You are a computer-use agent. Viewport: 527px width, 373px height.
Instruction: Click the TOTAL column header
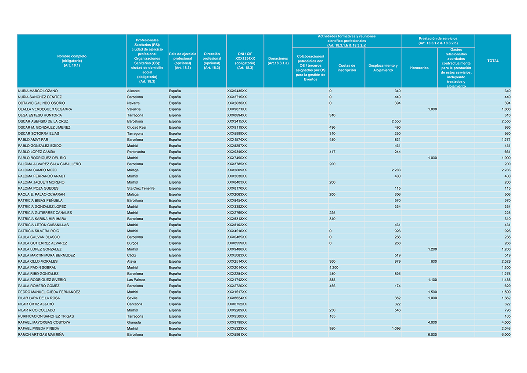click(493, 61)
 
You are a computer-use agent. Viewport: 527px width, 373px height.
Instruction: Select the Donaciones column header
click(278, 61)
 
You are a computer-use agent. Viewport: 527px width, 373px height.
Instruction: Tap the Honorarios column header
click(419, 68)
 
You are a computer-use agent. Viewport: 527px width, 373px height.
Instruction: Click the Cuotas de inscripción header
click(347, 68)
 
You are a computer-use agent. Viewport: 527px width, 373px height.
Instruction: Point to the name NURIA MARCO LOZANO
click(38, 91)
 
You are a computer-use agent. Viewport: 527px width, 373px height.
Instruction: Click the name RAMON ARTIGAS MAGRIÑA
click(41, 335)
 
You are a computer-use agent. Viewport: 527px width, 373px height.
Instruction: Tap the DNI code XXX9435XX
click(237, 91)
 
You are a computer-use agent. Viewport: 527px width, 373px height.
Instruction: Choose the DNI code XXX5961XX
click(237, 335)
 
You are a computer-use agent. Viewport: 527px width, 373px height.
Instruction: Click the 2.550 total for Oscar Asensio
click(506, 121)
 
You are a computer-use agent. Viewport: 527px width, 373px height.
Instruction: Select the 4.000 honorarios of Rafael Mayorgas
click(432, 322)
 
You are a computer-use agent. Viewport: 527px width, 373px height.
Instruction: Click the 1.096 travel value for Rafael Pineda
click(395, 329)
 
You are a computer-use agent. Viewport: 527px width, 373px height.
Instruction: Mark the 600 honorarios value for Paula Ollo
click(433, 261)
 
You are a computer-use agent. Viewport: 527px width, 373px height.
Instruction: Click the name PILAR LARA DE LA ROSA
click(39, 298)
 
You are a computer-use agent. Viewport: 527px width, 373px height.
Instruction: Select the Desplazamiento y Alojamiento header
click(383, 68)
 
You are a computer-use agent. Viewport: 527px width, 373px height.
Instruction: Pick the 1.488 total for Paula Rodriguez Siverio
click(506, 280)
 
